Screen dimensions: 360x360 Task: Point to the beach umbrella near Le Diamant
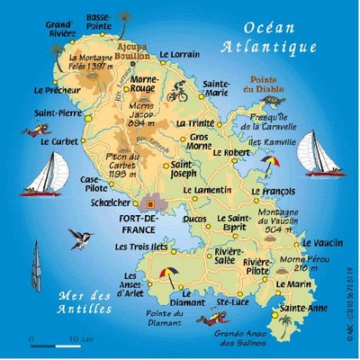[x=166, y=271]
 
